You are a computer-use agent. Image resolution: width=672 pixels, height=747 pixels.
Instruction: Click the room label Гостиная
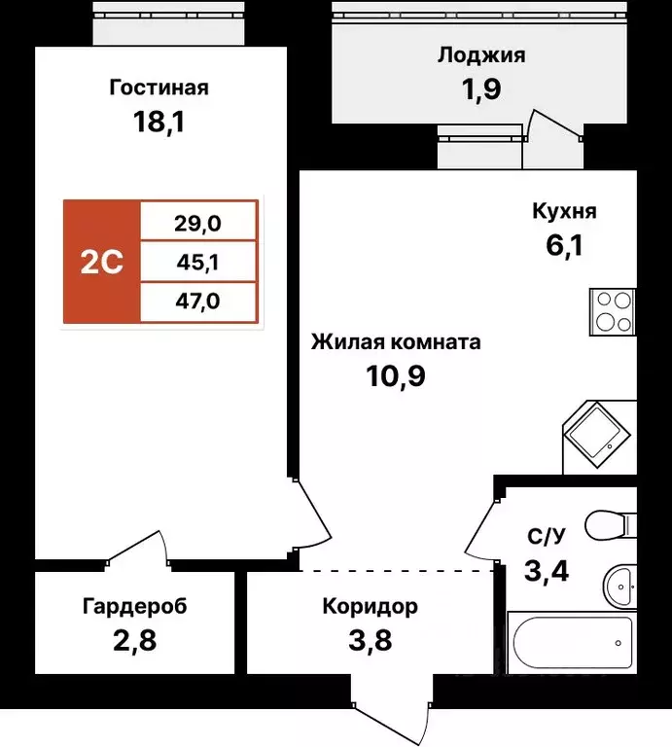[x=159, y=89]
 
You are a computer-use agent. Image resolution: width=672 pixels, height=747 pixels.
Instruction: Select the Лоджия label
[x=480, y=55]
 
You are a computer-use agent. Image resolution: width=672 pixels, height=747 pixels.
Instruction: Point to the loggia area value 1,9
[x=480, y=90]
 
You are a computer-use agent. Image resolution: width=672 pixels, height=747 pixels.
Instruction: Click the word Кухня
[x=564, y=211]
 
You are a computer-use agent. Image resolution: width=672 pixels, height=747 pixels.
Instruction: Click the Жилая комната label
[x=395, y=342]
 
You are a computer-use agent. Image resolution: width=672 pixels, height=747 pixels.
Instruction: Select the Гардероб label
[x=134, y=607]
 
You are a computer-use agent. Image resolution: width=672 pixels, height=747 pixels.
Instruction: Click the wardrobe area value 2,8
[x=134, y=642]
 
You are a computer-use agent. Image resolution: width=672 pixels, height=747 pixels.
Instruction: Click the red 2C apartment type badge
[x=102, y=262]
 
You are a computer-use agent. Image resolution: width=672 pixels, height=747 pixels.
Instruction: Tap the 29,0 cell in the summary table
[x=198, y=222]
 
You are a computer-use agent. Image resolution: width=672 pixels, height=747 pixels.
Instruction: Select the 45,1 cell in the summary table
[x=198, y=262]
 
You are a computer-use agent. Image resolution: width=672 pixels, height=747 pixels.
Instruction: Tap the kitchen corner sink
[x=594, y=434]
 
